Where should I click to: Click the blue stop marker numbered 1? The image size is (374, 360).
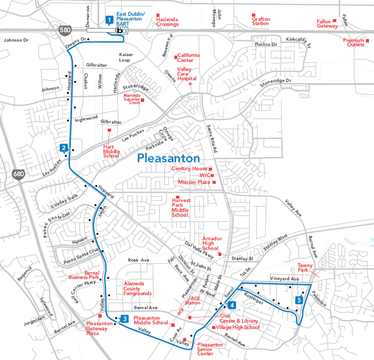click(109, 20)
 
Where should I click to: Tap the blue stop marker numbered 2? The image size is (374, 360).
click(64, 148)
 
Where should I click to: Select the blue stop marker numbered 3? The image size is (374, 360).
click(124, 318)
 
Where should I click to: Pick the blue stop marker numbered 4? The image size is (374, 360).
click(231, 305)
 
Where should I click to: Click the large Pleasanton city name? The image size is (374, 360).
click(168, 158)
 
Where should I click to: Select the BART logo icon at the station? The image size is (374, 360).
click(122, 31)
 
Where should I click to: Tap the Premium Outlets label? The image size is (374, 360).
click(354, 42)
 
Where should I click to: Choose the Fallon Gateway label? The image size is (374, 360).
click(327, 24)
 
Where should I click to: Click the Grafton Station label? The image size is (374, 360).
click(260, 21)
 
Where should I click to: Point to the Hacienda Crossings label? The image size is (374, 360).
click(167, 22)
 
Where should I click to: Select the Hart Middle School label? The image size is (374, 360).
click(111, 151)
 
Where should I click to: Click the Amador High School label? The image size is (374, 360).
click(210, 244)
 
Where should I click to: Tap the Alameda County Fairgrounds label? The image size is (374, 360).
click(137, 289)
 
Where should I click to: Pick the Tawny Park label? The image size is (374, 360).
click(305, 268)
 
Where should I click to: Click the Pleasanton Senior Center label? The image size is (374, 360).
click(210, 349)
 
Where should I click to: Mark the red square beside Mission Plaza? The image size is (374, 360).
click(214, 182)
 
